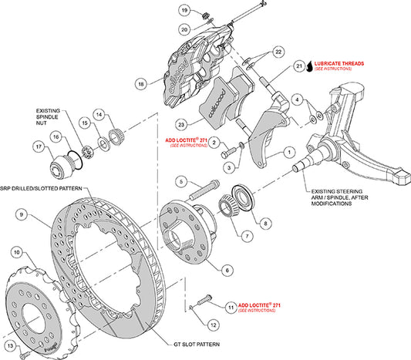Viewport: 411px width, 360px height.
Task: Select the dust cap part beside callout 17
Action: [x=59, y=164]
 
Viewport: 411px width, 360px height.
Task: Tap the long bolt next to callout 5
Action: [x=201, y=187]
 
